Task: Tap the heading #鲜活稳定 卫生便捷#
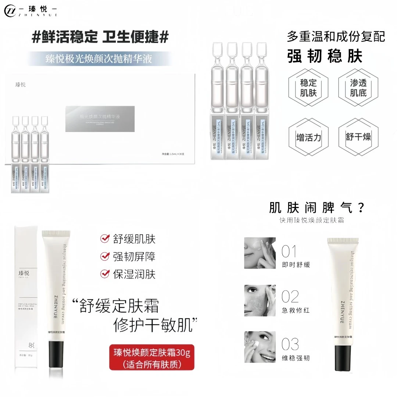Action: pos(100,37)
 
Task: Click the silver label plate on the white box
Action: pos(100,119)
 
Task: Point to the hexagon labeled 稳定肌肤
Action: pos(308,87)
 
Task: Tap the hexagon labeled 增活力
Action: pos(308,137)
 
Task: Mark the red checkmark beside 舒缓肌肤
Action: pos(105,239)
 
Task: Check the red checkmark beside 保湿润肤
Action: pos(105,274)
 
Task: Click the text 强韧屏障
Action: pos(134,257)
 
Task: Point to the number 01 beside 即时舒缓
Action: pos(289,252)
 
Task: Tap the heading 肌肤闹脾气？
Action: pos(316,208)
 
